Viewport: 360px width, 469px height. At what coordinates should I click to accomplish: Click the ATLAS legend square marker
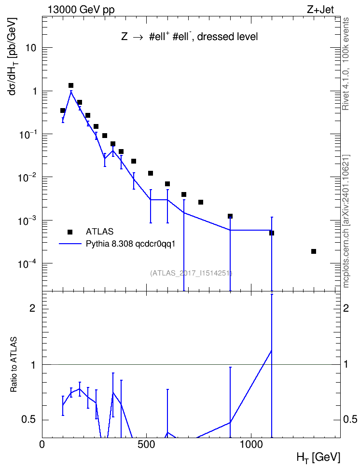pos(70,232)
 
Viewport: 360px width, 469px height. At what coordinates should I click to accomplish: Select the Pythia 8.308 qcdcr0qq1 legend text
pos(130,244)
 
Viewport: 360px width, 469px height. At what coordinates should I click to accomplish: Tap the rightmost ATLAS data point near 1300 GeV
pos(314,251)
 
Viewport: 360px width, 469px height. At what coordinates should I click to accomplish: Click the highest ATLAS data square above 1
pos(71,85)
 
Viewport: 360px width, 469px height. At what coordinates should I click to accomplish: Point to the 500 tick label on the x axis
pos(146,444)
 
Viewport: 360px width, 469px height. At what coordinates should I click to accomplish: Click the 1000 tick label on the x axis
pos(251,444)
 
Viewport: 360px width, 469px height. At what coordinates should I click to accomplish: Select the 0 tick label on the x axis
pos(42,444)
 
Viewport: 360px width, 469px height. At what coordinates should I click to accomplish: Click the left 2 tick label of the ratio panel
pos(33,308)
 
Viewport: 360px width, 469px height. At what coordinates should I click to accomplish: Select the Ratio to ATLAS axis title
pos(14,365)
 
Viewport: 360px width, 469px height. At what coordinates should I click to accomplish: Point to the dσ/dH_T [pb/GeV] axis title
pos(13,56)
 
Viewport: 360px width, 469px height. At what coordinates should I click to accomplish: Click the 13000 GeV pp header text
pos(81,10)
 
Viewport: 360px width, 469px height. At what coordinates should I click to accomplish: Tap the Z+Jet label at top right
pos(320,10)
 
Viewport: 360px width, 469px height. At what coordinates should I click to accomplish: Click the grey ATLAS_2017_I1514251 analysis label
pos(192,273)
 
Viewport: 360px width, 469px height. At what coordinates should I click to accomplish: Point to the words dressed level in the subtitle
pos(227,37)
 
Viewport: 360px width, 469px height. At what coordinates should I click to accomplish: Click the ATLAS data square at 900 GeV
pos(230,216)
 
